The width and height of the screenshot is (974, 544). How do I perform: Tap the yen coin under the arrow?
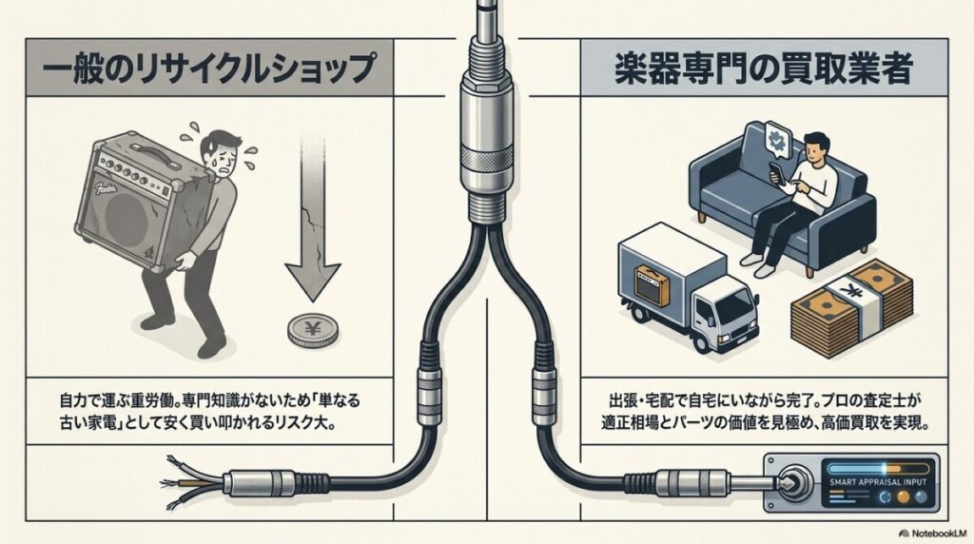(x=310, y=332)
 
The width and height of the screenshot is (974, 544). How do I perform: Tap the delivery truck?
(x=679, y=285)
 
